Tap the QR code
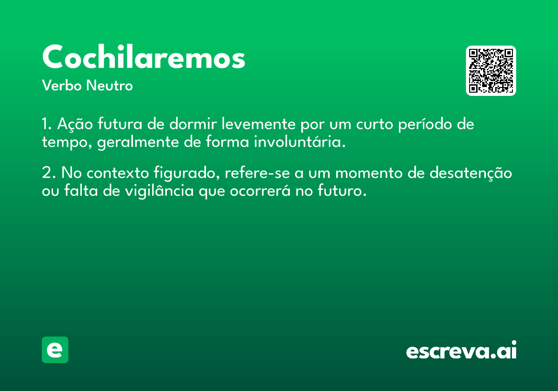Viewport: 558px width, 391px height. [491, 71]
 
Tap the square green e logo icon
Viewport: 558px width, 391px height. [55, 350]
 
